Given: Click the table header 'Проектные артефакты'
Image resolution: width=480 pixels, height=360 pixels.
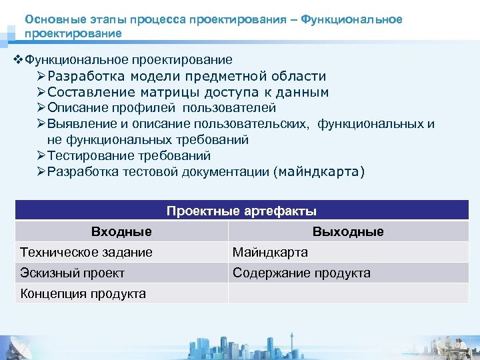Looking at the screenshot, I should [x=241, y=211].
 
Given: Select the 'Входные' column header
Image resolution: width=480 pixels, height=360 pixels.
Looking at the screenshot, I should [x=121, y=231].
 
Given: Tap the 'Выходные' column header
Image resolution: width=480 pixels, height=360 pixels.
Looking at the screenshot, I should [x=348, y=231].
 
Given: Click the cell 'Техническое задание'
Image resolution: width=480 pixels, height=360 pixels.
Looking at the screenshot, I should [x=87, y=252].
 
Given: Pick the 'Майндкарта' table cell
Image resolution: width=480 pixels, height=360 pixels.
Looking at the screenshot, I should [x=270, y=252].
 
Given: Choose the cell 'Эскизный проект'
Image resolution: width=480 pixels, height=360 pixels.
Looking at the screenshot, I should [x=73, y=273].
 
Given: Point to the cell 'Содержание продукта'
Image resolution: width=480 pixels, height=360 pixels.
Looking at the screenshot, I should [x=301, y=273].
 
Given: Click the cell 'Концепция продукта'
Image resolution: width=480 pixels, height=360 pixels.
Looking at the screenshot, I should [x=83, y=293].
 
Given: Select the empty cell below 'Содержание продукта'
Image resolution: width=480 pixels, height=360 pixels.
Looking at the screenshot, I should [x=348, y=293].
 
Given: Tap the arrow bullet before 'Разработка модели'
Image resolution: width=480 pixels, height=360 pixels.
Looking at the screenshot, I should [x=41, y=77].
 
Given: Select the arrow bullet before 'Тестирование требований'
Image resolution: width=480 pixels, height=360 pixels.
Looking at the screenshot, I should [x=41, y=156].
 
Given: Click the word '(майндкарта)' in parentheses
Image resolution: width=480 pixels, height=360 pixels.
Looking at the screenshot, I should [x=319, y=172].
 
